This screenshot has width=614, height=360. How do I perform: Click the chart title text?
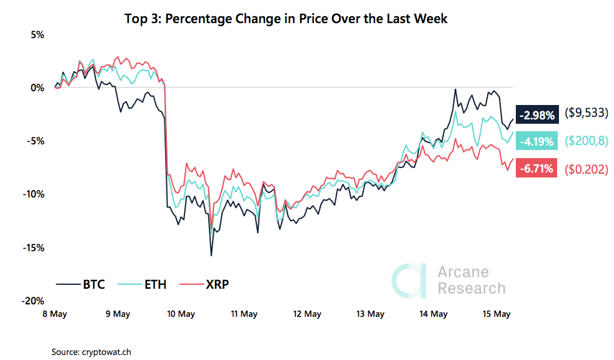[x=287, y=19]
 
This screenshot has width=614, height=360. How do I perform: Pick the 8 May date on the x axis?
[x=54, y=314]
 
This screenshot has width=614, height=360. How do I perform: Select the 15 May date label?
[x=496, y=314]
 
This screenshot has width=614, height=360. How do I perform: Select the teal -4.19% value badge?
[x=536, y=141]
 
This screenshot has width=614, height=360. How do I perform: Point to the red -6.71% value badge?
[x=536, y=169]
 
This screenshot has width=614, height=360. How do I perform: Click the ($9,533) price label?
[x=586, y=114]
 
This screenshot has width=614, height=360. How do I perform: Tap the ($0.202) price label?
[x=586, y=169]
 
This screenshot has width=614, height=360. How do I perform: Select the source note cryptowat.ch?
[x=91, y=352]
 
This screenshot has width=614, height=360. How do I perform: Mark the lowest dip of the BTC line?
[x=211, y=255]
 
